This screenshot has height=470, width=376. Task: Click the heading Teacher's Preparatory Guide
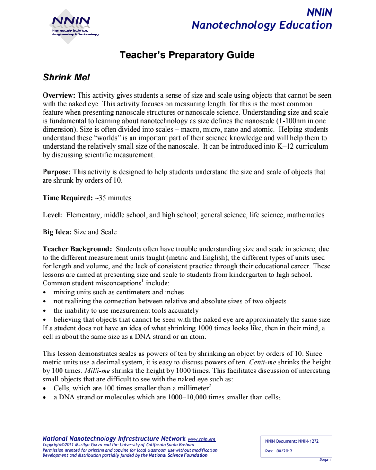click(187, 55)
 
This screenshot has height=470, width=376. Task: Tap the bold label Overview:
click(59, 95)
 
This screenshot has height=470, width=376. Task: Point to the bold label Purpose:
click(57, 172)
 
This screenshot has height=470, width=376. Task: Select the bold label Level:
click(52, 215)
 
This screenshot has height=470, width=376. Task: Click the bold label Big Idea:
click(57, 232)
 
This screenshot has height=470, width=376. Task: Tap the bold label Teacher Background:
click(77, 249)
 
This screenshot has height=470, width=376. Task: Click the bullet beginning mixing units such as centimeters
click(119, 292)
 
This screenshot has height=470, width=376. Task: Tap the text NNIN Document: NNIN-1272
click(292, 441)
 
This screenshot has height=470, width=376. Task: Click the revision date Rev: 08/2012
click(279, 451)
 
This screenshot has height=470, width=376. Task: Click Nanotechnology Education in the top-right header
click(262, 26)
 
